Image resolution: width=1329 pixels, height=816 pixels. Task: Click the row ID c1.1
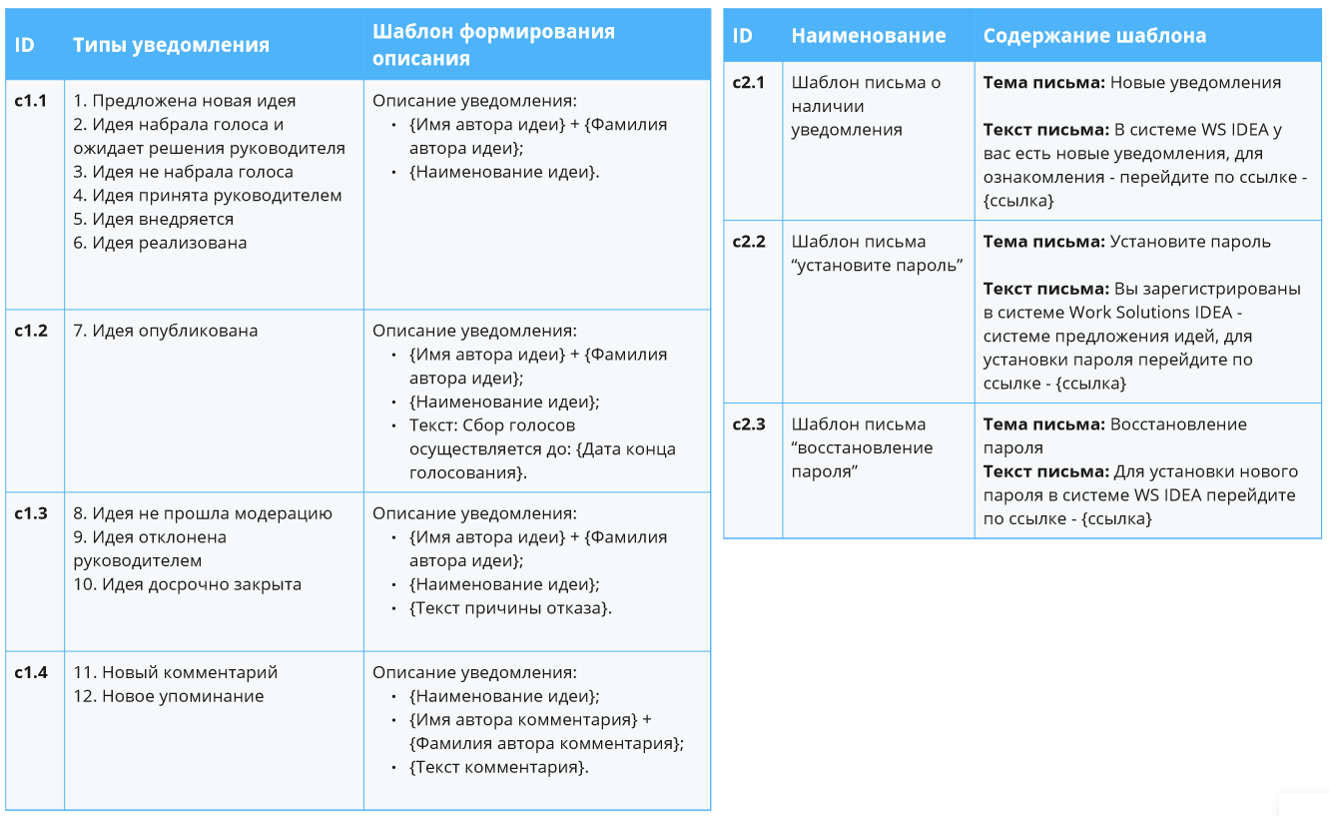(31, 101)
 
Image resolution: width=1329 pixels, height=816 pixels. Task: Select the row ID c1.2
(31, 331)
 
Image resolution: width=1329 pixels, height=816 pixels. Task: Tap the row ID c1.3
(31, 513)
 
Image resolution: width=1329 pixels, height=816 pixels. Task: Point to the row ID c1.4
(31, 672)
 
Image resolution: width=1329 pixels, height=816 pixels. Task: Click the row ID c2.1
(749, 83)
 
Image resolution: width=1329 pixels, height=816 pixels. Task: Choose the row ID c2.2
(749, 242)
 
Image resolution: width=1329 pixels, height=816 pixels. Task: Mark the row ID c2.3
(749, 424)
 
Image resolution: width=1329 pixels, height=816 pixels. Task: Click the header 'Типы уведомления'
(171, 45)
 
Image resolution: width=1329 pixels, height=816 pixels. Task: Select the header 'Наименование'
(869, 36)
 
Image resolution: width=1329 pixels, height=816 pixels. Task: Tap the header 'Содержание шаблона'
(1094, 36)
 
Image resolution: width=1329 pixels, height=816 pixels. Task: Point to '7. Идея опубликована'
(165, 331)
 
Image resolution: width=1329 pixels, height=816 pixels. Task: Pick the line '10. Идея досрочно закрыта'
(187, 584)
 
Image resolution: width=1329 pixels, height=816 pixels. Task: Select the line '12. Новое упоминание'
(168, 696)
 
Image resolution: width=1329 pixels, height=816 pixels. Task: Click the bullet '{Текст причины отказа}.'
(510, 608)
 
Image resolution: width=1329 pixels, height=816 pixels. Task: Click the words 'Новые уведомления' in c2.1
(1195, 83)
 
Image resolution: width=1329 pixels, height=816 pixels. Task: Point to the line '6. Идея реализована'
(160, 243)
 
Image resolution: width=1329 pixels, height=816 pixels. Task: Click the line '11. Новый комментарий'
(175, 672)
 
